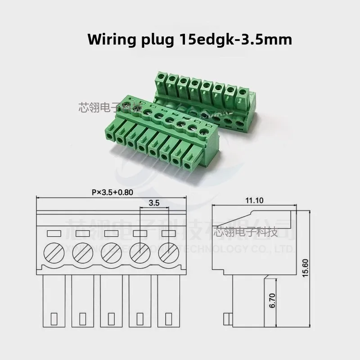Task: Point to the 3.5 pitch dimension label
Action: [154, 203]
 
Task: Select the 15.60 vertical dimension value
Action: [306, 268]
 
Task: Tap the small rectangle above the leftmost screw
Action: [54, 233]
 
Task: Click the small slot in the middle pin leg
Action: [111, 319]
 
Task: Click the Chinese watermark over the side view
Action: [245, 232]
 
